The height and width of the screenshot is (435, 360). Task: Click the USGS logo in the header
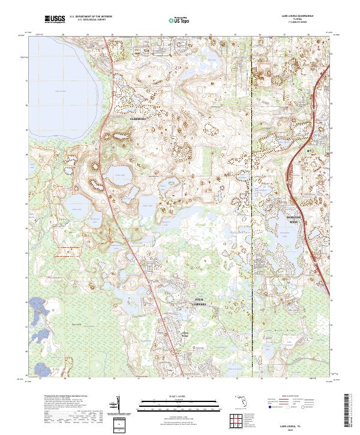pyautogui.click(x=55, y=20)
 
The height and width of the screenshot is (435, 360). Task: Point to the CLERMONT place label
pyautogui.click(x=139, y=119)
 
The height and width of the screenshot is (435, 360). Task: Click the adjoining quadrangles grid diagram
pyautogui.click(x=236, y=421)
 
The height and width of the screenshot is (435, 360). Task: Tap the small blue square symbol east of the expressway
pyautogui.click(x=309, y=151)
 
